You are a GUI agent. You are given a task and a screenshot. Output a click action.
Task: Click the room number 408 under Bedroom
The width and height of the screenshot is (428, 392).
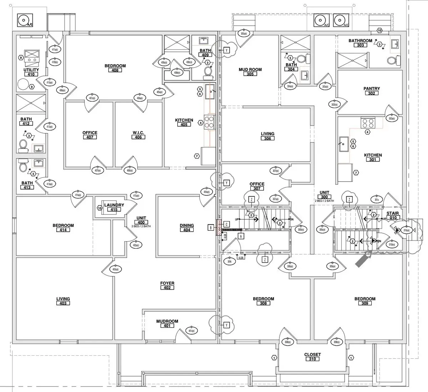(115, 70)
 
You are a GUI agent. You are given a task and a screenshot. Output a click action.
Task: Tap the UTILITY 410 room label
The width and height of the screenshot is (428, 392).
(31, 72)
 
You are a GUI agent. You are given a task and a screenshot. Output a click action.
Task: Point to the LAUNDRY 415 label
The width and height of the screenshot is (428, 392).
(114, 207)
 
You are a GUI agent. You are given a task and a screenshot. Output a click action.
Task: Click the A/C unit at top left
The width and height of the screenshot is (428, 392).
(25, 20)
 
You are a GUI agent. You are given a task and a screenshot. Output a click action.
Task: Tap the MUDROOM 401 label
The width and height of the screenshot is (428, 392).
(167, 324)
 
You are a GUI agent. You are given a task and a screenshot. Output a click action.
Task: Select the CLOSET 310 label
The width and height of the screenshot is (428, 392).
(312, 357)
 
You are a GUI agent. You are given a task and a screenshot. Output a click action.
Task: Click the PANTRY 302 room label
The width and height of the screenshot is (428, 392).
(372, 91)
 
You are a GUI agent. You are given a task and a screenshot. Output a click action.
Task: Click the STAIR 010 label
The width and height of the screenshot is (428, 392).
(393, 215)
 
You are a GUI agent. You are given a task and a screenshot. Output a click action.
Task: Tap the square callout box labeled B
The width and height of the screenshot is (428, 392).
(211, 227)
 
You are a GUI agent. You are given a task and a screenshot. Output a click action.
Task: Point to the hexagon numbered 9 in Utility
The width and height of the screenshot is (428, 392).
(32, 87)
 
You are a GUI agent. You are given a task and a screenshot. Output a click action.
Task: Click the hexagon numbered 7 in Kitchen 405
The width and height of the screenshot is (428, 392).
(197, 156)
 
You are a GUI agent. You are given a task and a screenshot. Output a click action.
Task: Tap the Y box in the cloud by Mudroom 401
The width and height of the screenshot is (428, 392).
(226, 325)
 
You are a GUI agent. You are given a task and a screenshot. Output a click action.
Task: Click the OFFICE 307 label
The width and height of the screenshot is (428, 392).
(257, 186)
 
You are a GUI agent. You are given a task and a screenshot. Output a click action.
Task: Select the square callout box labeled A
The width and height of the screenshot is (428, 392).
(241, 236)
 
